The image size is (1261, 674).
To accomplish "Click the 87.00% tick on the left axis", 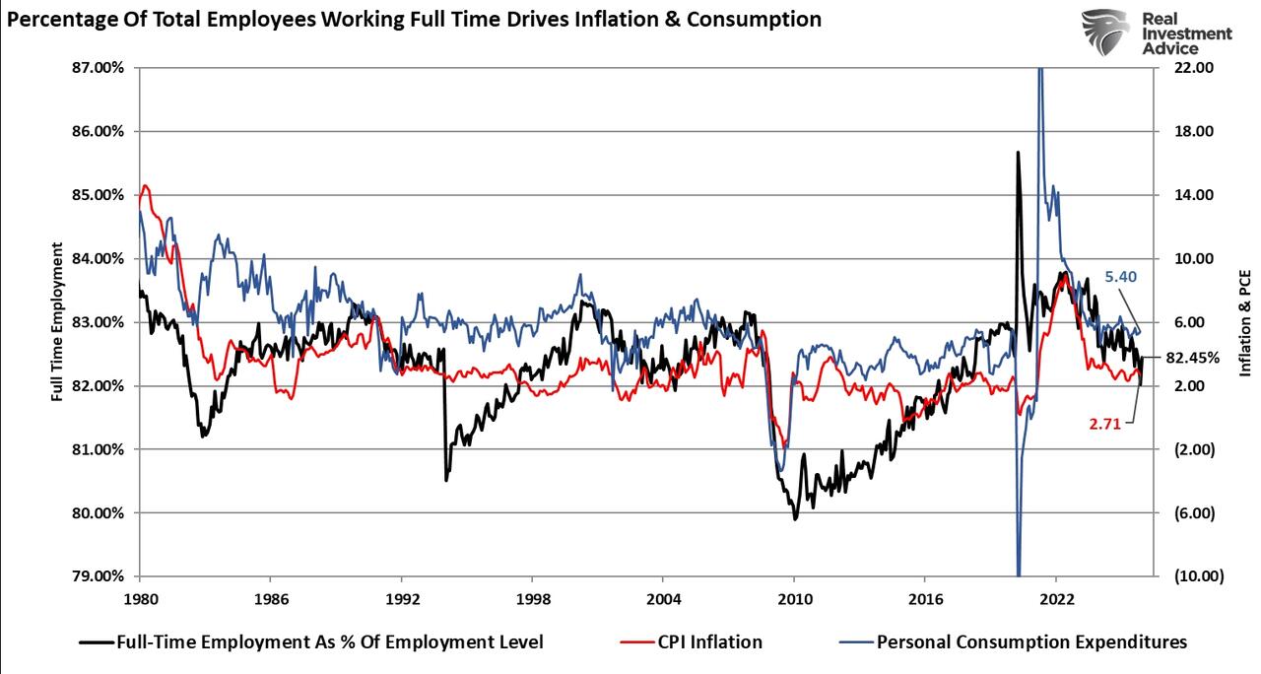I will pyautogui.click(x=98, y=68).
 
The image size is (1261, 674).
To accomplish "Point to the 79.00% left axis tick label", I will pyautogui.click(x=98, y=576).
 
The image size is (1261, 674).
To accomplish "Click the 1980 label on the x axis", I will pyautogui.click(x=139, y=598).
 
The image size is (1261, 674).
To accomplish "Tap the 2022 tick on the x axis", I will pyautogui.click(x=1056, y=598).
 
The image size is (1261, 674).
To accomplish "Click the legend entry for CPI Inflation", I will pyautogui.click(x=709, y=642).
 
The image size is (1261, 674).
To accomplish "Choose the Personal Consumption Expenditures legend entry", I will pyautogui.click(x=1031, y=642).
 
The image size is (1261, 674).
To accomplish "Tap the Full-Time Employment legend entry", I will pyautogui.click(x=329, y=642).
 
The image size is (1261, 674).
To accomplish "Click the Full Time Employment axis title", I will pyautogui.click(x=58, y=322).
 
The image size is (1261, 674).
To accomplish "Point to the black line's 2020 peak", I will pyautogui.click(x=1017, y=153).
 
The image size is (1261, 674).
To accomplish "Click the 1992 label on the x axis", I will pyautogui.click(x=401, y=598).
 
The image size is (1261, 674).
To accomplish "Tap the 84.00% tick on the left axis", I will pyautogui.click(x=98, y=259).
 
